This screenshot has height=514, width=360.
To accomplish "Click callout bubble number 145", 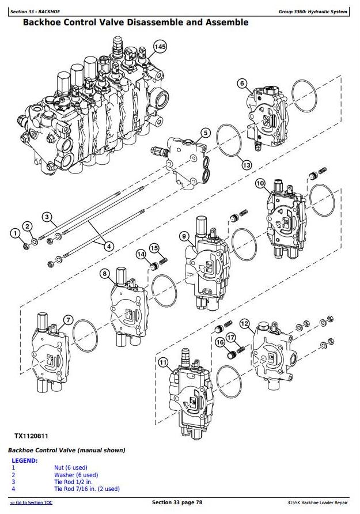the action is [x=160, y=47].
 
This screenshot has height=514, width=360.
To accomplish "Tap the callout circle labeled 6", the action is [x=242, y=84].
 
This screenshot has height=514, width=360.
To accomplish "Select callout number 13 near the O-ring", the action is [x=247, y=165].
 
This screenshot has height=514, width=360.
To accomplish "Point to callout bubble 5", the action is [x=206, y=133].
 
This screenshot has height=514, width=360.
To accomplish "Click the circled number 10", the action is [x=260, y=183].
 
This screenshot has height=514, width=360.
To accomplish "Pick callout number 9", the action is [x=184, y=236].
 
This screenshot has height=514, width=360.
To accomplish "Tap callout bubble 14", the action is [x=141, y=254].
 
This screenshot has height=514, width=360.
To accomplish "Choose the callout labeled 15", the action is [x=154, y=248].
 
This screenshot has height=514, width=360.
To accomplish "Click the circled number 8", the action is [x=104, y=274].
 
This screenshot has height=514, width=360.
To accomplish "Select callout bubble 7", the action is [x=68, y=320].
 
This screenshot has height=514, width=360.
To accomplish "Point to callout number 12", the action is [x=245, y=324].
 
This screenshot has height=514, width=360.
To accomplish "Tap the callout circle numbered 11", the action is [x=163, y=362].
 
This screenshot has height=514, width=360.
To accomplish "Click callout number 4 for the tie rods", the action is [x=108, y=246].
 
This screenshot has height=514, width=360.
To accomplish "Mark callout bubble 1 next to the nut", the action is [x=15, y=233].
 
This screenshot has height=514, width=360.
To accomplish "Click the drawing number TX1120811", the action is [x=31, y=436].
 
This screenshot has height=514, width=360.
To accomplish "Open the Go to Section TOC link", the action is [x=31, y=502].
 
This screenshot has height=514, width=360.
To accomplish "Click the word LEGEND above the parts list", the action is [x=25, y=460].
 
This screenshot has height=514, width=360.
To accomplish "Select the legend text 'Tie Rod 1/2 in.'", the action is [x=73, y=482].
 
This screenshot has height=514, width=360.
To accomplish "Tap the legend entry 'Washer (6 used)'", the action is [x=76, y=475].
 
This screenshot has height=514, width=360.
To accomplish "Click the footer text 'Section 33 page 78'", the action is [x=177, y=502].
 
